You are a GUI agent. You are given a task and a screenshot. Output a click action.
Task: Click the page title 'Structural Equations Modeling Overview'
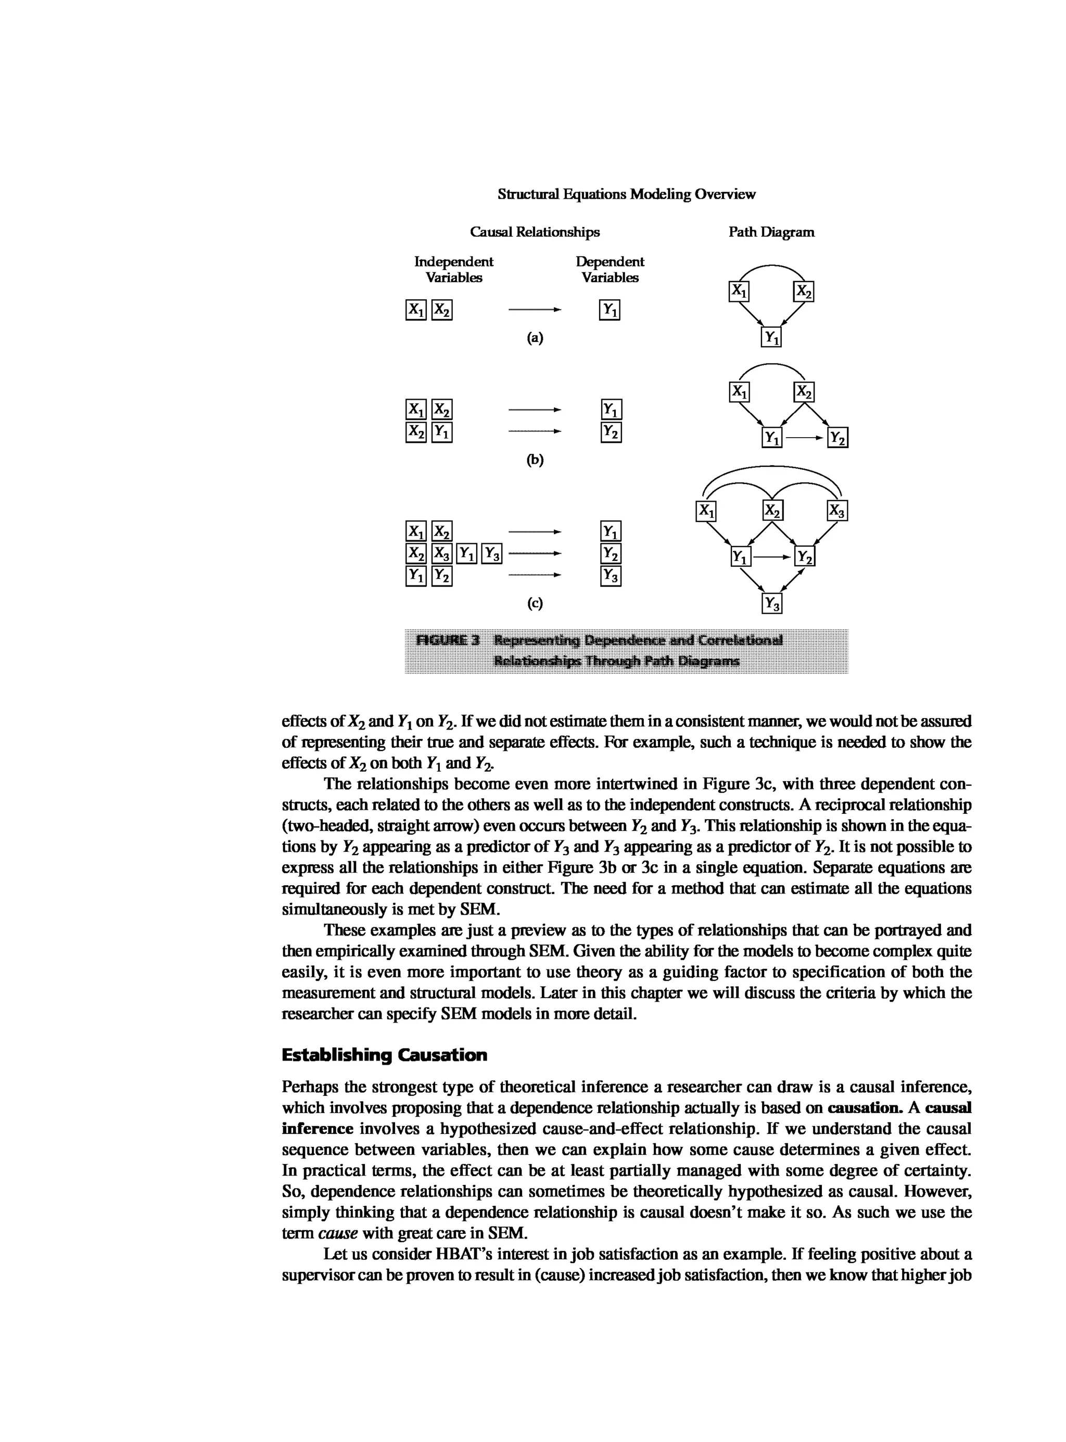(x=626, y=194)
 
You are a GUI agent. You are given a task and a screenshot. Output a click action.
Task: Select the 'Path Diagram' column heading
(x=771, y=232)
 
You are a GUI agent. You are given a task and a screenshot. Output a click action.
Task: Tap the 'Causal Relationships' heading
(x=534, y=232)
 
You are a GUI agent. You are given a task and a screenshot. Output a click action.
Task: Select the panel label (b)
(x=534, y=460)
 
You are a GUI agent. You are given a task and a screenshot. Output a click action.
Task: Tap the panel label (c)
(x=534, y=603)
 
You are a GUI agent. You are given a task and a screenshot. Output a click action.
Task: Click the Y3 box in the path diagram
(x=772, y=604)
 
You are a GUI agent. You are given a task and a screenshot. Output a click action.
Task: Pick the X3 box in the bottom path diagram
(x=837, y=511)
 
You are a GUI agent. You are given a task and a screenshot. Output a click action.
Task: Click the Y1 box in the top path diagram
(x=771, y=337)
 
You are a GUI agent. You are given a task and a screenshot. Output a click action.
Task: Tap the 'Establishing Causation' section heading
(x=385, y=1055)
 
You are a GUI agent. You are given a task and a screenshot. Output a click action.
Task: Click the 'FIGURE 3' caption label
(x=449, y=640)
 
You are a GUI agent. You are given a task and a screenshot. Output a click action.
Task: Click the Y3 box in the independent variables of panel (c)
(x=492, y=553)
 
